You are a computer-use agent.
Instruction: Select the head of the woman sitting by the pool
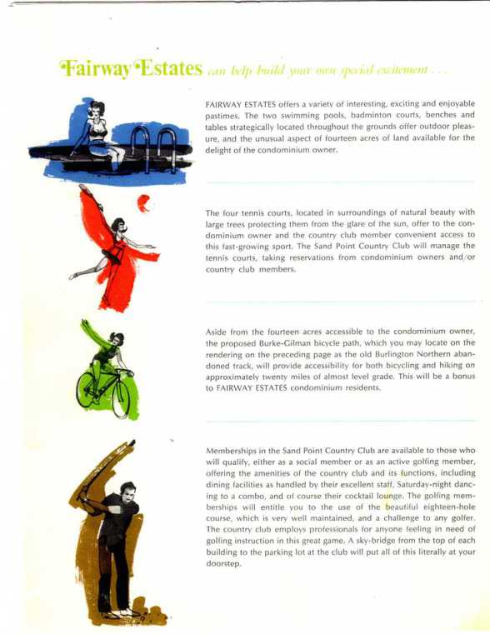(97, 110)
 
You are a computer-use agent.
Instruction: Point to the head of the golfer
(127, 493)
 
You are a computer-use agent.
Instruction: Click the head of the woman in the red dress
(119, 226)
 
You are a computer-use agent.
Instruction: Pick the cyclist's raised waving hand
(84, 323)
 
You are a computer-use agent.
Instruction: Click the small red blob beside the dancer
(143, 202)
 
